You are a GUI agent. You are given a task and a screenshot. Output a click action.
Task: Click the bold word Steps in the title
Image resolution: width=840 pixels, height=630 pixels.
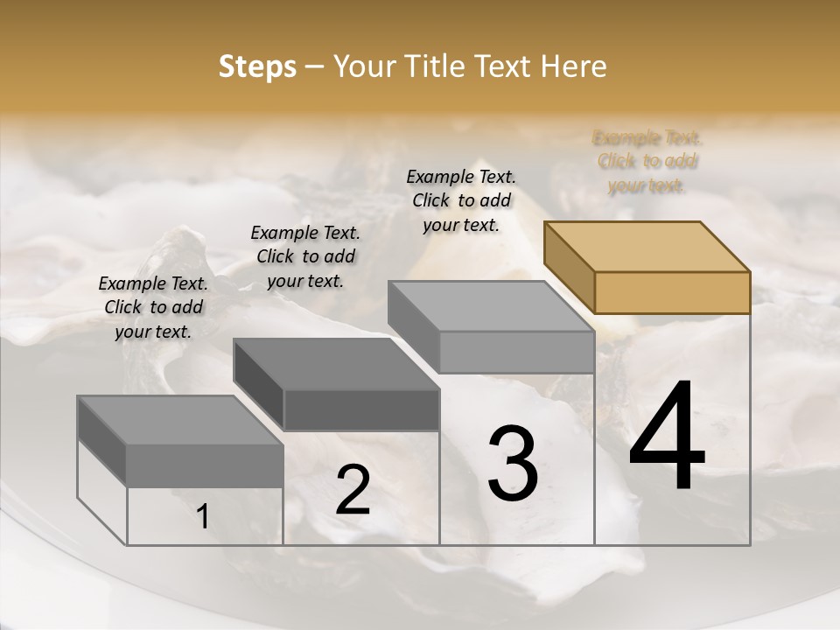(x=257, y=66)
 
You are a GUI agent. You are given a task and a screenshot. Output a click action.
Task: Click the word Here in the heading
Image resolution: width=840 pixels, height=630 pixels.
(x=574, y=66)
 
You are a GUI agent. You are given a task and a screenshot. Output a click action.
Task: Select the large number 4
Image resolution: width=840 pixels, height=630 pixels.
(x=667, y=437)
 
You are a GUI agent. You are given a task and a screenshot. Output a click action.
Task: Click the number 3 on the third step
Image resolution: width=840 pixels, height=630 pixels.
(x=512, y=464)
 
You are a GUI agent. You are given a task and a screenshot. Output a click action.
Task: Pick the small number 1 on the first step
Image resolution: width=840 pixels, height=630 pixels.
(x=203, y=517)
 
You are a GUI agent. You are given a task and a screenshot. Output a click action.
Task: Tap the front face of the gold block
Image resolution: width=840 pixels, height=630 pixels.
(x=672, y=292)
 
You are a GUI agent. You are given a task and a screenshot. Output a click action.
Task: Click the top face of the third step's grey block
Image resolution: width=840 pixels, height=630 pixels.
(x=490, y=305)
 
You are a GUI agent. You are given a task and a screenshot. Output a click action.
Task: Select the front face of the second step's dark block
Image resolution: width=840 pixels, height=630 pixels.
(x=361, y=409)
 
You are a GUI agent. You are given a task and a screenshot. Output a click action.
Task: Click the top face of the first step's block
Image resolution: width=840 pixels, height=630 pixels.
(x=180, y=420)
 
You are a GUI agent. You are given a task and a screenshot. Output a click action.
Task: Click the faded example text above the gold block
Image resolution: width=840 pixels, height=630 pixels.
(x=647, y=162)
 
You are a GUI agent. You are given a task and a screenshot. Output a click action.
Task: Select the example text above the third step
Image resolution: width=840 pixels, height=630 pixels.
(x=461, y=200)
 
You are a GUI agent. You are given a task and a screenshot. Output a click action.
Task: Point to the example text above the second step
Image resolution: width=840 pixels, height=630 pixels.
(x=305, y=256)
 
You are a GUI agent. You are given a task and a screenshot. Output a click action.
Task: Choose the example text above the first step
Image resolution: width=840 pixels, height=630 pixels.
(x=153, y=307)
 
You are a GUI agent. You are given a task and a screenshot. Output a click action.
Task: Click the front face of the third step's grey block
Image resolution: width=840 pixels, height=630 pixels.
(x=516, y=352)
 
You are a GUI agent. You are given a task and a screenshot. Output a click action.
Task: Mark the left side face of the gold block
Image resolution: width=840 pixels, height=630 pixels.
(x=569, y=267)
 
